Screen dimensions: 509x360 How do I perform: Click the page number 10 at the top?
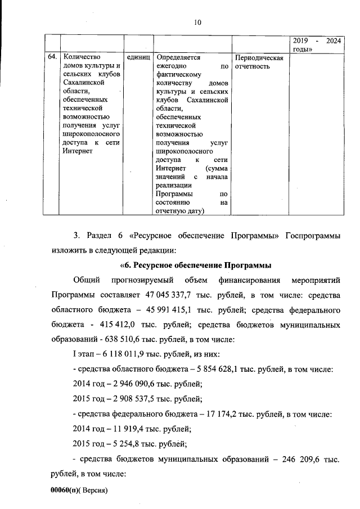[197, 23]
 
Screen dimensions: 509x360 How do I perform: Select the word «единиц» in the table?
[138, 57]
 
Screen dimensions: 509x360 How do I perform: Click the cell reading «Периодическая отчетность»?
[259, 62]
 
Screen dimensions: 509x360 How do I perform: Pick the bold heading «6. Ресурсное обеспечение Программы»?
[196, 265]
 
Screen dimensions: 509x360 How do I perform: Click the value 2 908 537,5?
[128, 399]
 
